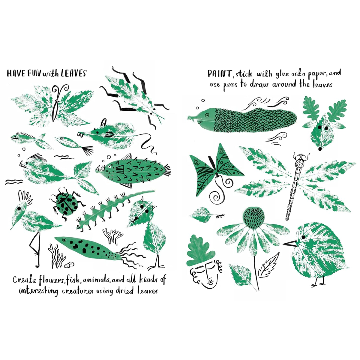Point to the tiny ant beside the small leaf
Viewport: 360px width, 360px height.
tap(220, 215)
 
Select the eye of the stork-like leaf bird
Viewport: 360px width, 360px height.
tap(19, 208)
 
